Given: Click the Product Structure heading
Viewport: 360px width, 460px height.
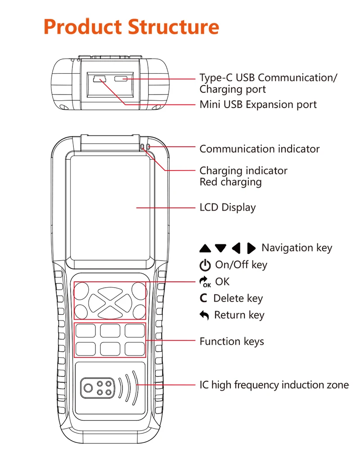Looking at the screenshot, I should click(131, 27).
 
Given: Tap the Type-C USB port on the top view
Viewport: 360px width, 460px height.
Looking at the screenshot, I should click(121, 79).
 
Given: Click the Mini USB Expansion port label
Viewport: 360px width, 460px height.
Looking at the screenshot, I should click(258, 105).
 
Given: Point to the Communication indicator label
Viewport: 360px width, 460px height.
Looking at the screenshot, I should click(259, 149).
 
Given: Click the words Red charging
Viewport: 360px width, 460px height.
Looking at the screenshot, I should click(230, 182).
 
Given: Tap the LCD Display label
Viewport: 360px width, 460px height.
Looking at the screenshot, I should click(227, 207).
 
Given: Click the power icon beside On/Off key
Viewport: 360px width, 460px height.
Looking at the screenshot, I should click(205, 265).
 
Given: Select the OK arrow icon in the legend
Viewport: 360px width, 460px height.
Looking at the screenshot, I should click(205, 282).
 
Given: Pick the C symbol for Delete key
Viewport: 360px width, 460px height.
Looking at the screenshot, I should click(204, 298).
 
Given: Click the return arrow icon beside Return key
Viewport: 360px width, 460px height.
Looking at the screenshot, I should click(204, 316).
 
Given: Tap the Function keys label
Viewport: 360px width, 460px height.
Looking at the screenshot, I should click(232, 342).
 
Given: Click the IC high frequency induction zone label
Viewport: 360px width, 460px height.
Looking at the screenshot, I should click(274, 385).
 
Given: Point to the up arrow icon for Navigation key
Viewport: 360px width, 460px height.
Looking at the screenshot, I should click(205, 248).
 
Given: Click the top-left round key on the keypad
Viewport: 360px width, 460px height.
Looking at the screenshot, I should click(81, 290).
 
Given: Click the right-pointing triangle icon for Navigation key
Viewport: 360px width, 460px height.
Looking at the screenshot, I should click(251, 248).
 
